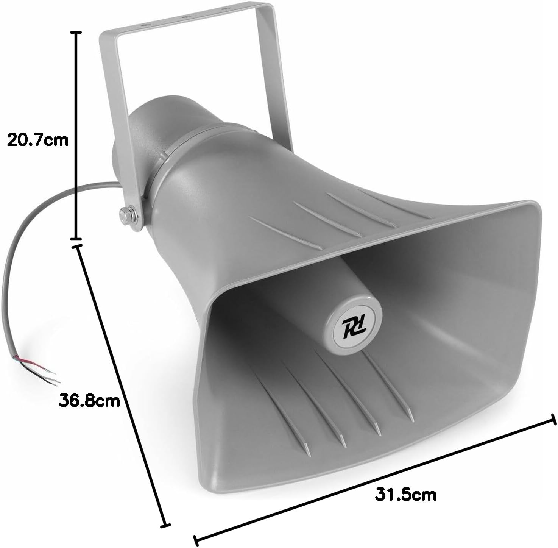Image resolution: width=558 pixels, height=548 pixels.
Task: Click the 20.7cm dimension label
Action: [x=37, y=140]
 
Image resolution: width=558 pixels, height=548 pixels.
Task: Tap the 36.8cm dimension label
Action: [x=89, y=401]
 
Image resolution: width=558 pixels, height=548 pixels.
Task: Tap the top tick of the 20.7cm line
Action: [x=76, y=33]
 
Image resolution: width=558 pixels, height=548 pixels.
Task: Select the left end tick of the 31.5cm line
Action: [x=197, y=539]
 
